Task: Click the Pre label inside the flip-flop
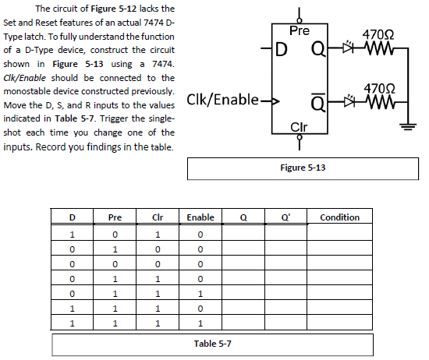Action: (x=299, y=32)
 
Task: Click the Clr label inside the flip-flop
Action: (x=299, y=127)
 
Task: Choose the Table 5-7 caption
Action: (x=211, y=343)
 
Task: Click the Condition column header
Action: (x=339, y=217)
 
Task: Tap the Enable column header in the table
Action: (x=200, y=217)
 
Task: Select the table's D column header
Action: (x=72, y=217)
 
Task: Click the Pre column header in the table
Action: (x=115, y=217)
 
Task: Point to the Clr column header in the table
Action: (x=158, y=217)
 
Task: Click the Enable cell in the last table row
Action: (x=200, y=322)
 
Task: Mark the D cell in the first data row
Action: (x=72, y=234)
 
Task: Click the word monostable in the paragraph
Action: (x=27, y=90)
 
